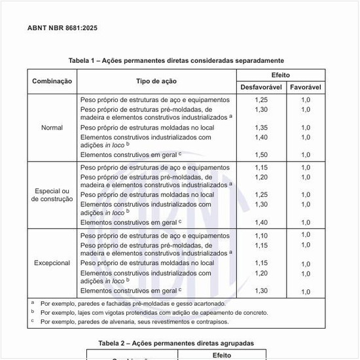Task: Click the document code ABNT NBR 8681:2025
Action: point(63,28)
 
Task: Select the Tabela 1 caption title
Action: point(176,60)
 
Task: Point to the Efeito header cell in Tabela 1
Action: point(280,75)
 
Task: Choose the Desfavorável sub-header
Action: point(261,86)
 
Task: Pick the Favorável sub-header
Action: point(305,86)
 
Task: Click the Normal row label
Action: point(52,127)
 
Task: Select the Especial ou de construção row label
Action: point(52,194)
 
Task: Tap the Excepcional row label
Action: point(52,263)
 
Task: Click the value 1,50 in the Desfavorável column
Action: point(261,155)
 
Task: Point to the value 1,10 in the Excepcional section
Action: point(261,236)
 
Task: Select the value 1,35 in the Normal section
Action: point(261,128)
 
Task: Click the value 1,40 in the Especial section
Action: point(261,223)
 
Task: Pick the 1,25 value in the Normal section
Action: point(261,99)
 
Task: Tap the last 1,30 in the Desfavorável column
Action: point(261,291)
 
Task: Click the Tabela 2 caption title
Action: point(176,343)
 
